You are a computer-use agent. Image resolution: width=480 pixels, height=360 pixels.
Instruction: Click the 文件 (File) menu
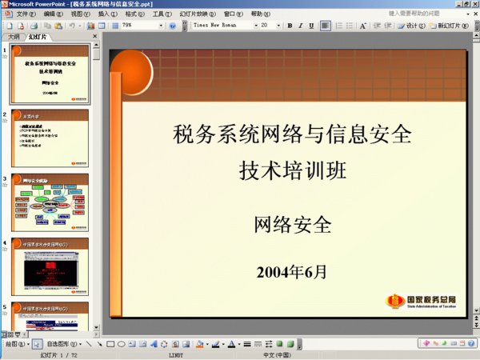click(x=27, y=14)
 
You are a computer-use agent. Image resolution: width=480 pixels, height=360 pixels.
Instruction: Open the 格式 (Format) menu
click(x=135, y=14)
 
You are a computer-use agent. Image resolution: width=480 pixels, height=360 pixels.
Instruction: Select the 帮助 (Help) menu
click(x=261, y=14)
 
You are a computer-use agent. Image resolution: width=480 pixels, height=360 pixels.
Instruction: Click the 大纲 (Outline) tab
click(x=14, y=37)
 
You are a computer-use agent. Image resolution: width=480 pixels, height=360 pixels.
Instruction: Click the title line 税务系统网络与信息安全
click(x=292, y=134)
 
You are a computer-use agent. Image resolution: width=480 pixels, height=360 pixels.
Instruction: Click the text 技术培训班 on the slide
click(x=292, y=170)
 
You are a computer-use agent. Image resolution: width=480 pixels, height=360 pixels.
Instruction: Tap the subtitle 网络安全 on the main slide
click(x=292, y=226)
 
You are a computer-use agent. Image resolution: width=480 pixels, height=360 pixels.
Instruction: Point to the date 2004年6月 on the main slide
click(x=292, y=272)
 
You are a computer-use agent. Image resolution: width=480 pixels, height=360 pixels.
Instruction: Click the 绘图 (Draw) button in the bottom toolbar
click(x=16, y=344)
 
